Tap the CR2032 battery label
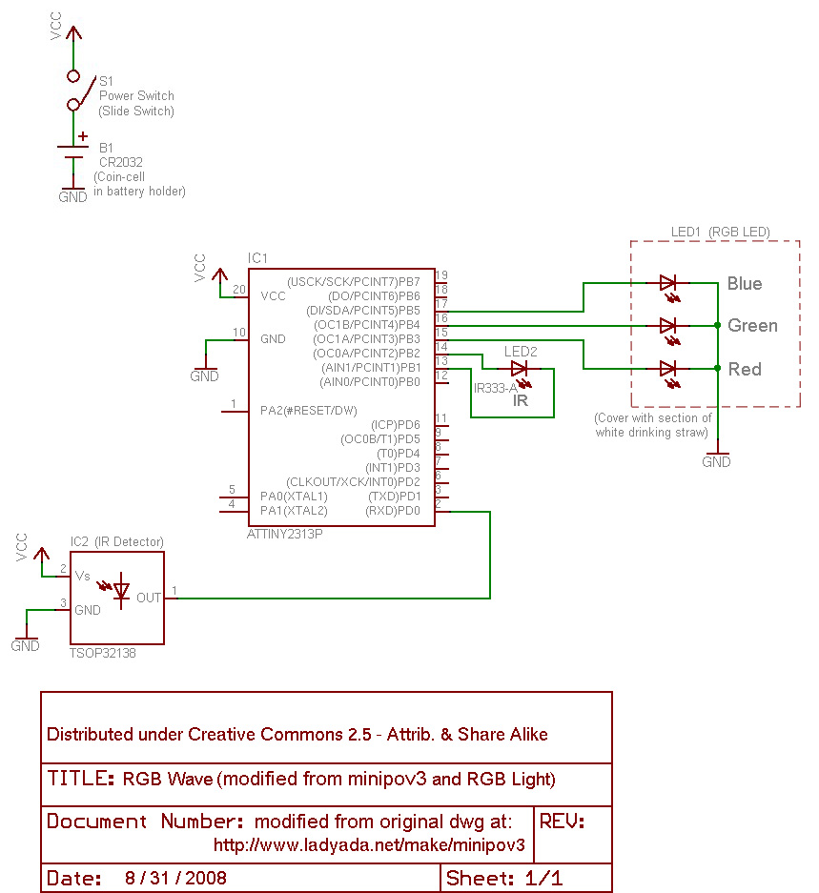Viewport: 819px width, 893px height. coord(120,162)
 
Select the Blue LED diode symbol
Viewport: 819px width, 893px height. coord(667,283)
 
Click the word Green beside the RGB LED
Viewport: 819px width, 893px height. coord(752,326)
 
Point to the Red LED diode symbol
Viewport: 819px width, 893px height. coord(667,368)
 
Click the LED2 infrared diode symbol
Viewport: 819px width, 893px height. coord(520,368)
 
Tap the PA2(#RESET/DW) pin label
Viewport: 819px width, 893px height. coord(300,410)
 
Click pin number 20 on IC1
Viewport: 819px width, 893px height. coord(238,289)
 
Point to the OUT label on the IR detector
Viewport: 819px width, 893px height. coord(148,598)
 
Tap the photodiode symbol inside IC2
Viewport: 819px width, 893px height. coord(120,591)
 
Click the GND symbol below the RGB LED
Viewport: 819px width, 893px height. coord(716,457)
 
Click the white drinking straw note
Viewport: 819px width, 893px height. coord(652,425)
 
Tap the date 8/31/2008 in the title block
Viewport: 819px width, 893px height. coord(175,878)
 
